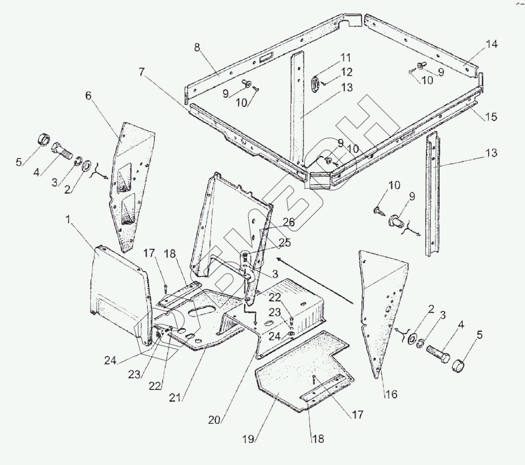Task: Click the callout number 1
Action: pyautogui.click(x=69, y=220)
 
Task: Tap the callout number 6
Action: pyautogui.click(x=89, y=96)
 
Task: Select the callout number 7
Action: pyautogui.click(x=141, y=72)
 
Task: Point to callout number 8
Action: pyautogui.click(x=197, y=48)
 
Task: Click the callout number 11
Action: pyautogui.click(x=345, y=58)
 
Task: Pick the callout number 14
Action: pyautogui.click(x=492, y=44)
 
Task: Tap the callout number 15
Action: pyautogui.click(x=492, y=116)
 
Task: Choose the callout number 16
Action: pyautogui.click(x=391, y=394)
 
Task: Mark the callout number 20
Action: pyautogui.click(x=215, y=420)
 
